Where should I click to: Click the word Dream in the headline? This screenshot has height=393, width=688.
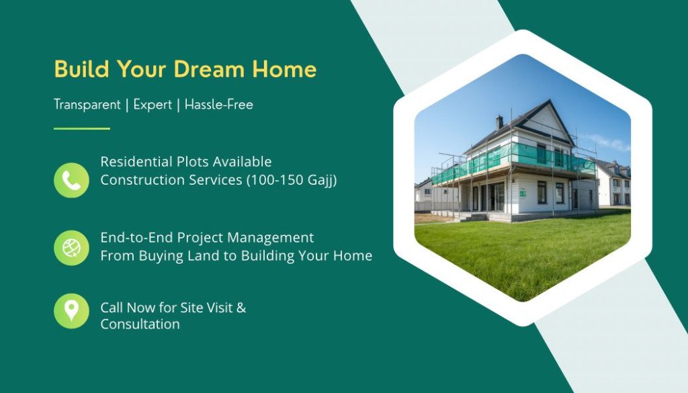click(x=208, y=69)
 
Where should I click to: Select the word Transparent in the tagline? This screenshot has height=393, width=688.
click(x=87, y=105)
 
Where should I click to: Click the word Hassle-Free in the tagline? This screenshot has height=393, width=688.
click(x=219, y=104)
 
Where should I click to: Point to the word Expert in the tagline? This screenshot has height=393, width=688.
click(x=153, y=105)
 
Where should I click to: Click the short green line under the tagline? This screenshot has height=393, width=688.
click(x=81, y=128)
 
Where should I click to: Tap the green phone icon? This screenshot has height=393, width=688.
click(x=71, y=180)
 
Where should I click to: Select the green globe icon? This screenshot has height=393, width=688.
click(x=71, y=248)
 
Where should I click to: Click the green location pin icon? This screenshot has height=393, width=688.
click(x=71, y=311)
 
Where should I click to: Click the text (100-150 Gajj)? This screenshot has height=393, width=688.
click(x=292, y=180)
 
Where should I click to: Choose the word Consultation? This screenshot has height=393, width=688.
click(x=140, y=324)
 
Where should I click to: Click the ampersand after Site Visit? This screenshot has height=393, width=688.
click(x=241, y=308)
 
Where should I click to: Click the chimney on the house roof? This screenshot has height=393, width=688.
click(x=499, y=122)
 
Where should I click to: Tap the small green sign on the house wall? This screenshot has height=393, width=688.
click(x=523, y=194)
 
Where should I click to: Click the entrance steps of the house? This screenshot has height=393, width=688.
click(x=473, y=217)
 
